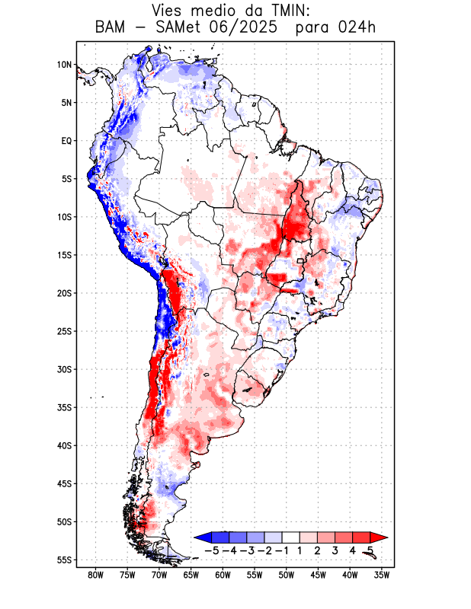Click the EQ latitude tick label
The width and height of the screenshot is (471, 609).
coord(66,141)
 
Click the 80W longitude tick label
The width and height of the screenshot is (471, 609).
coord(96,575)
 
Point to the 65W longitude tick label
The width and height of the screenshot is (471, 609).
coord(191,575)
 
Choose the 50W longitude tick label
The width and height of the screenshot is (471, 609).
coord(287,575)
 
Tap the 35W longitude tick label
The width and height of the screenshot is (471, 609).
coord(382,575)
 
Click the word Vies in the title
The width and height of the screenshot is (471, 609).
coord(170,11)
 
